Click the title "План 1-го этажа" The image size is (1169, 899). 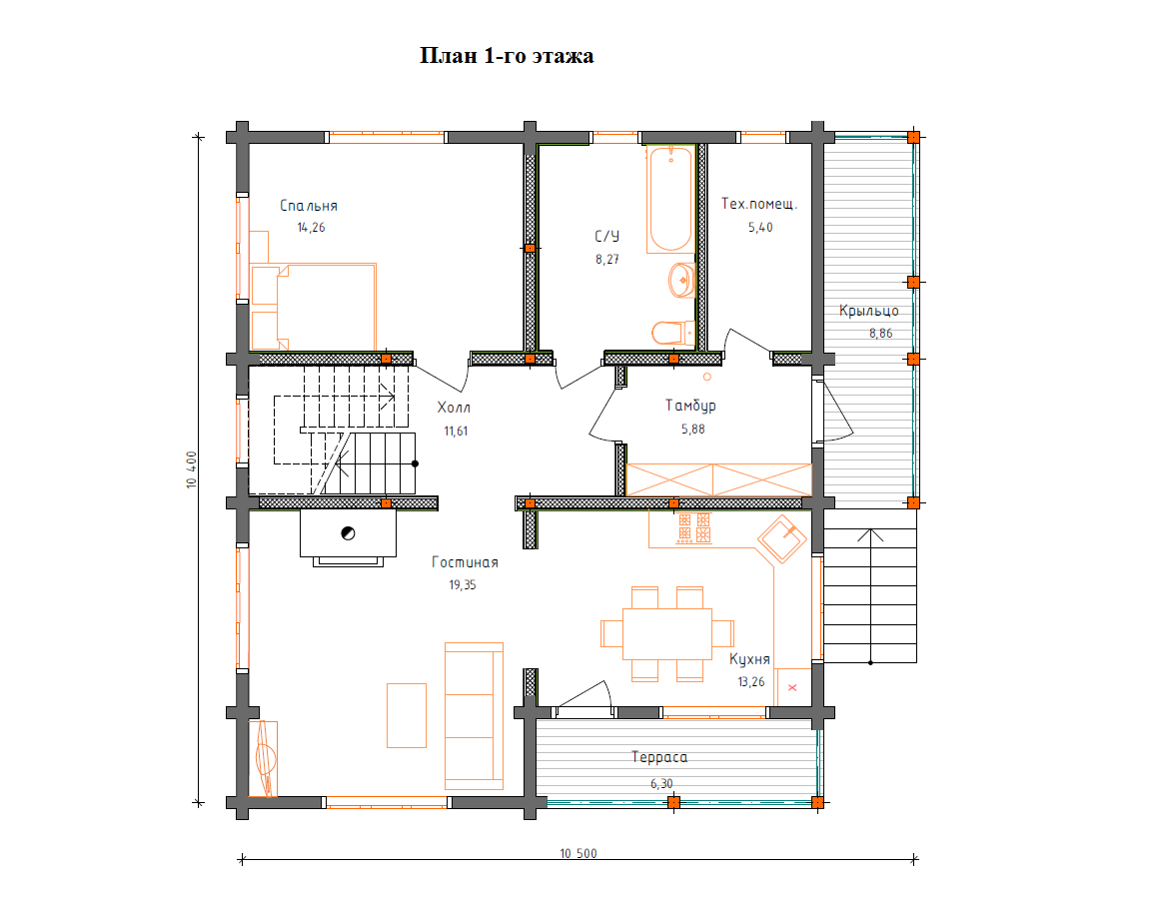[507, 56]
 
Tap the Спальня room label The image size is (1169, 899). [309, 206]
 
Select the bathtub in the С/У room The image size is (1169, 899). [670, 199]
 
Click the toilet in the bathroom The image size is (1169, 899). [673, 333]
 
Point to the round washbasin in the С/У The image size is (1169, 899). [682, 281]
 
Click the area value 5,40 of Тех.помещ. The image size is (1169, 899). [760, 228]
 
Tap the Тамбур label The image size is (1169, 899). [690, 406]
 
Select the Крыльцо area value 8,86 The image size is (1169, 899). [880, 334]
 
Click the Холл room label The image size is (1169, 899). [454, 407]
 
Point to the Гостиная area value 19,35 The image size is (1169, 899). [463, 585]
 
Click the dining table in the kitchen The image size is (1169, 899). [667, 633]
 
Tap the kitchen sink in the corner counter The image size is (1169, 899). [782, 538]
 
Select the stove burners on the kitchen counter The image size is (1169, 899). [694, 528]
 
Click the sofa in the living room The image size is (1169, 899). [475, 715]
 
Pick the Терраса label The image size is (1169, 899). [659, 757]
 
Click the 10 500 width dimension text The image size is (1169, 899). [579, 853]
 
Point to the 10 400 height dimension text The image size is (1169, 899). [192, 469]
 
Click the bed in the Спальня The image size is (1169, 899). [313, 307]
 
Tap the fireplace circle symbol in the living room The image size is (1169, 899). [348, 533]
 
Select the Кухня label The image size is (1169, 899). [749, 659]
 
